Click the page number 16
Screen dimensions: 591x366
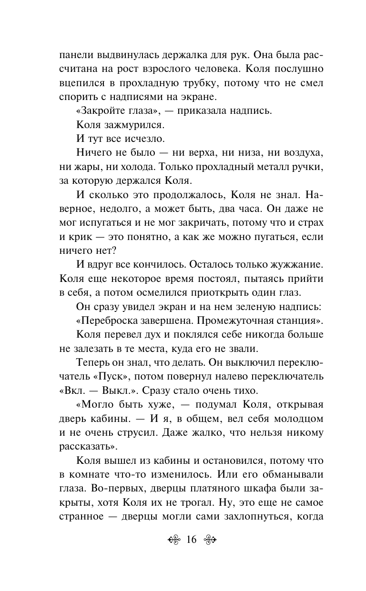pyautogui.click(x=192, y=540)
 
